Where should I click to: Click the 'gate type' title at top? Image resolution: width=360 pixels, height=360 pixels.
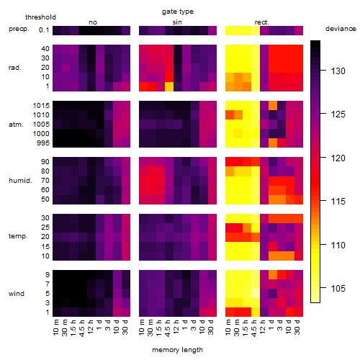[x=178, y=12]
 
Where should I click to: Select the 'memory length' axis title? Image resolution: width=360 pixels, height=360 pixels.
[x=177, y=350]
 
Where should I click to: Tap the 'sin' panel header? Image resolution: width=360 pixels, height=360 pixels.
[x=177, y=22]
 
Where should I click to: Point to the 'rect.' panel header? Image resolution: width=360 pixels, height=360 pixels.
[x=261, y=22]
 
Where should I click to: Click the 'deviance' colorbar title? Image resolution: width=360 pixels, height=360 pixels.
[x=341, y=29]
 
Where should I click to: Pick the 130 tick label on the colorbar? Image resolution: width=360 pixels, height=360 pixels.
[x=338, y=71]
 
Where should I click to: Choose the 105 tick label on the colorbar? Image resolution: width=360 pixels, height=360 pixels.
[x=338, y=288]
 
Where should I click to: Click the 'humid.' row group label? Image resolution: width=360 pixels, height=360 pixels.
[x=20, y=181]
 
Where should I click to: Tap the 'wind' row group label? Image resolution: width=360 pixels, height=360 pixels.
[x=17, y=294]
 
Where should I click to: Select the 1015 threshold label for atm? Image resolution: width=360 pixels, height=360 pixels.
[x=41, y=106]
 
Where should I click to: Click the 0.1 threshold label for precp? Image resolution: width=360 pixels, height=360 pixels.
[x=44, y=30]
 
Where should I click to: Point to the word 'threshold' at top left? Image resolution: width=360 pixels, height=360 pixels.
[x=40, y=17]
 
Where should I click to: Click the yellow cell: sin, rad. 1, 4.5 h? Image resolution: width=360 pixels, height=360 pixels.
[x=169, y=86]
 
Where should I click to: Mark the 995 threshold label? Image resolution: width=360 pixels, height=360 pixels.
[x=43, y=143]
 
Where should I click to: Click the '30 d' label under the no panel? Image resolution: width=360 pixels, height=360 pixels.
[x=125, y=327]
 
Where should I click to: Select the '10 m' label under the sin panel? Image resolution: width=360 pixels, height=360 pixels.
[x=143, y=328]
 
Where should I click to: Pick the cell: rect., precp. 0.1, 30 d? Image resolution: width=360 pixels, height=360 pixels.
[x=299, y=30]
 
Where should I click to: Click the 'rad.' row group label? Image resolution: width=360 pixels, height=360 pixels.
[x=15, y=68]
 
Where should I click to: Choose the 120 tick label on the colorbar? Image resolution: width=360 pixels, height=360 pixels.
[x=338, y=158]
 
